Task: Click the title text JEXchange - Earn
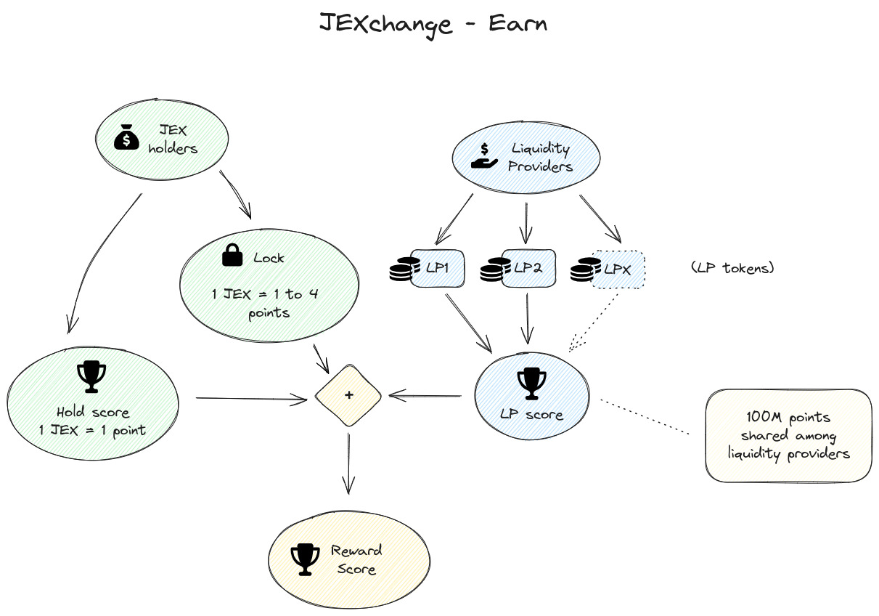pyautogui.click(x=433, y=23)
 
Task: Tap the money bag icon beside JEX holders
pyautogui.click(x=126, y=137)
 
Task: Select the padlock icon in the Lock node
pyautogui.click(x=232, y=255)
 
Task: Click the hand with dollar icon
pyautogui.click(x=483, y=155)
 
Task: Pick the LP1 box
pyautogui.click(x=438, y=268)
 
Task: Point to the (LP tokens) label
pyautogui.click(x=733, y=268)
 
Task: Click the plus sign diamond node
pyautogui.click(x=348, y=395)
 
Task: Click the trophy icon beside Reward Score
pyautogui.click(x=301, y=559)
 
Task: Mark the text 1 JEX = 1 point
pyautogui.click(x=92, y=430)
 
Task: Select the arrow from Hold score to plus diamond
pyautogui.click(x=251, y=398)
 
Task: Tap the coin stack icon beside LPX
pyautogui.click(x=582, y=270)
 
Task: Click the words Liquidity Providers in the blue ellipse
pyautogui.click(x=540, y=158)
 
